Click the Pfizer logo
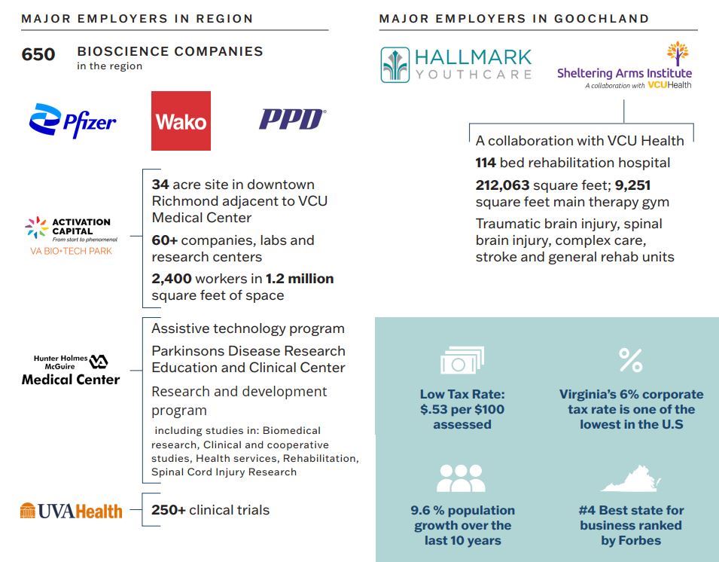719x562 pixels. pyautogui.click(x=72, y=121)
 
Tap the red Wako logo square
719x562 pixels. pyautogui.click(x=181, y=121)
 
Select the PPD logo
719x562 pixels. pyautogui.click(x=292, y=119)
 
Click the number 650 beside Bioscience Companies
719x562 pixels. pyautogui.click(x=38, y=54)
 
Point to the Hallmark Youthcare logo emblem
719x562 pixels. pyautogui.click(x=395, y=64)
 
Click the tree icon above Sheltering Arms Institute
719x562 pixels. pyautogui.click(x=678, y=53)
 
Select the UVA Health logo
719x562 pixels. pyautogui.click(x=71, y=511)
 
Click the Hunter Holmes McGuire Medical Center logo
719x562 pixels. pyautogui.click(x=71, y=370)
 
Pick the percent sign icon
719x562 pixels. pyautogui.click(x=630, y=360)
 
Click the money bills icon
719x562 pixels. pyautogui.click(x=462, y=361)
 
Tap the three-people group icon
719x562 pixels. pyautogui.click(x=461, y=478)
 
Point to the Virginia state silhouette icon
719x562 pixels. pyautogui.click(x=630, y=478)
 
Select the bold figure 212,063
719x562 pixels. pyautogui.click(x=502, y=185)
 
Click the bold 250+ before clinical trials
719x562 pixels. pyautogui.click(x=169, y=510)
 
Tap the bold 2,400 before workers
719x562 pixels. pyautogui.click(x=172, y=279)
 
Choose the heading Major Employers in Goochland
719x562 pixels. pyautogui.click(x=514, y=19)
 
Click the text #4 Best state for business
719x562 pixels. pyautogui.click(x=630, y=525)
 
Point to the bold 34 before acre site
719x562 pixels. pyautogui.click(x=160, y=185)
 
